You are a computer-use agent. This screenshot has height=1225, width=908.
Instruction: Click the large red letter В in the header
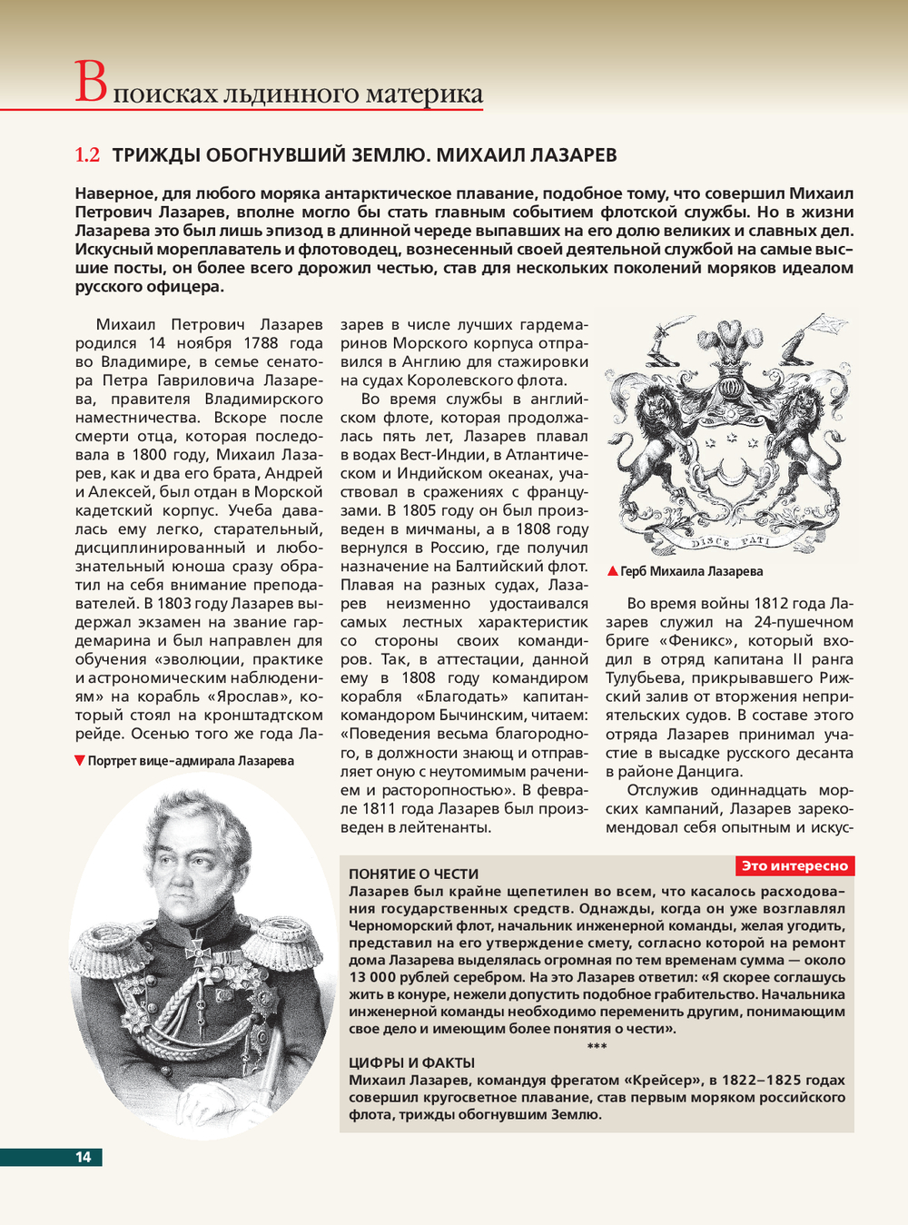point(91,83)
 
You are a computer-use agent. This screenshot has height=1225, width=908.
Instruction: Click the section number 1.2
point(87,155)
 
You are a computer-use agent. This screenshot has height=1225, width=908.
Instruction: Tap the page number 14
point(83,1157)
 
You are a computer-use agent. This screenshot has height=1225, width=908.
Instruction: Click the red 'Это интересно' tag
point(794,866)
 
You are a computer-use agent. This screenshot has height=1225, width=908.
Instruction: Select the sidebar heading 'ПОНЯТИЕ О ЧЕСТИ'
point(413,874)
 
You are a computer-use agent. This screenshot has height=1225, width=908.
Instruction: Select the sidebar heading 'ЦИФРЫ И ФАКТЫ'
point(411,1062)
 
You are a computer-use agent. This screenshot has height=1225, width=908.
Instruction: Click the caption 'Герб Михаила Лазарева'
point(691,571)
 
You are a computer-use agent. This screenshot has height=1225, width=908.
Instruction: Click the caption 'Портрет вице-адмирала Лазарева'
point(191,761)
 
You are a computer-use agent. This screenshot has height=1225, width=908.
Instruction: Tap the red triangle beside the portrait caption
point(80,760)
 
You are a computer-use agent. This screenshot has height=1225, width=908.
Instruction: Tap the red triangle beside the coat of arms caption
point(613,571)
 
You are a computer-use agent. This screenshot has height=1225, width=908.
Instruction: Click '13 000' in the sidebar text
point(370,977)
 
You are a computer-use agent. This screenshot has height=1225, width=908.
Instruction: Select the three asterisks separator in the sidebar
point(597,1046)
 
